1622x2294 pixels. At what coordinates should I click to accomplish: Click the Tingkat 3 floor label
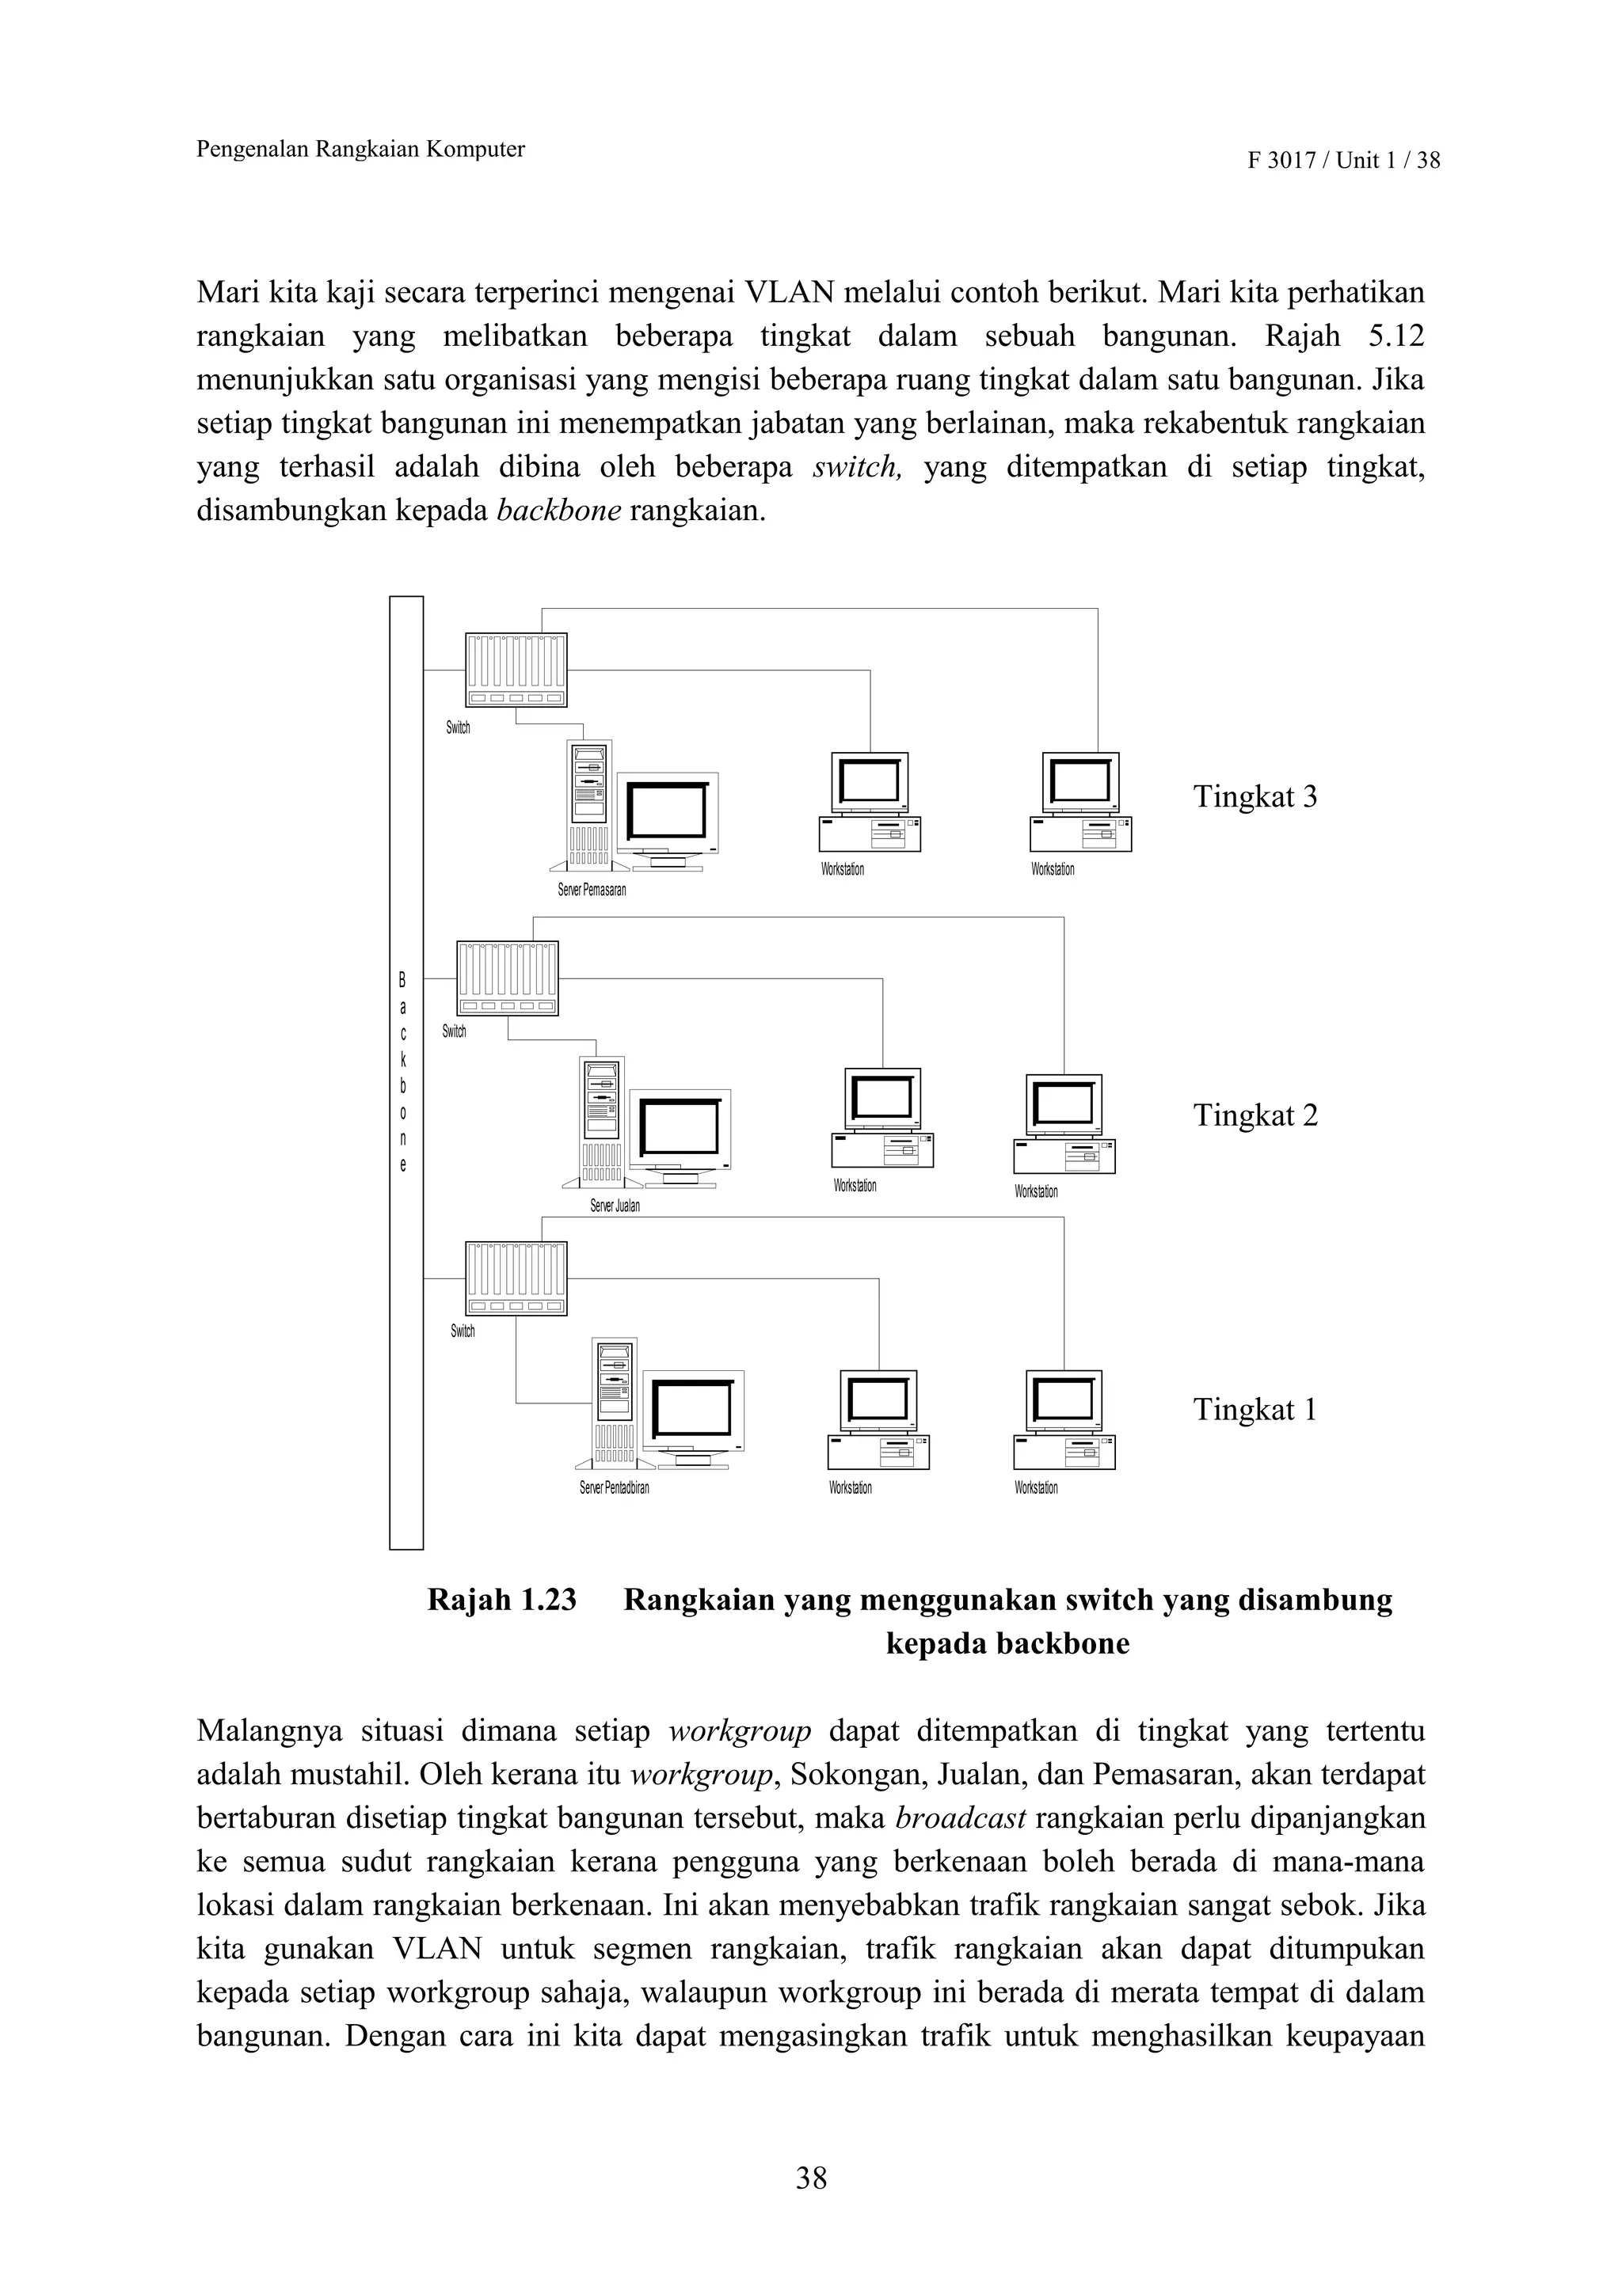(x=1255, y=797)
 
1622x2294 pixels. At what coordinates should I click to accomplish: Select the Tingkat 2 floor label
(x=1255, y=1115)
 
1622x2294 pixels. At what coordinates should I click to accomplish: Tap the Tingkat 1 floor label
(x=1255, y=1410)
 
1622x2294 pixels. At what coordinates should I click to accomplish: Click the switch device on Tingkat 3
(x=516, y=670)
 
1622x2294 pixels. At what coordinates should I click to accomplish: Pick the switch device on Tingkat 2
(x=507, y=978)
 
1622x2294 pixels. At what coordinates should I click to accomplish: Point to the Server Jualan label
(x=615, y=1206)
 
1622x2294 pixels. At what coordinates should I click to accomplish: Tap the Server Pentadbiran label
(x=614, y=1487)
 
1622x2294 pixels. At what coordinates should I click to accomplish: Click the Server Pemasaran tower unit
(x=588, y=805)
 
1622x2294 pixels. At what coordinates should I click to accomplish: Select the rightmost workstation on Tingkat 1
(x=1064, y=1420)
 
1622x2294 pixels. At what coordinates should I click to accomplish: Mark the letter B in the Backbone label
(x=403, y=980)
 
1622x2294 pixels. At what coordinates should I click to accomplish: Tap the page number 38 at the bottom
(x=810, y=2178)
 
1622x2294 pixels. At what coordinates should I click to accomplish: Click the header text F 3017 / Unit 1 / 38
(x=1343, y=160)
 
